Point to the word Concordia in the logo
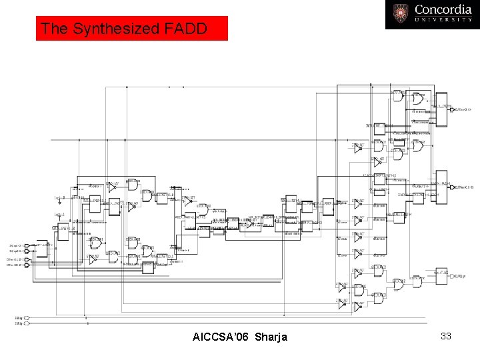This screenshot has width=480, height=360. click(x=443, y=10)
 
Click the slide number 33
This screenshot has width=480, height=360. click(x=446, y=336)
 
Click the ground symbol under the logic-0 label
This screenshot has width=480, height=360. click(x=60, y=203)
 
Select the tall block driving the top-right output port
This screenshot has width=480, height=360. click(x=441, y=108)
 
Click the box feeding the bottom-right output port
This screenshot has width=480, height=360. click(x=440, y=275)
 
